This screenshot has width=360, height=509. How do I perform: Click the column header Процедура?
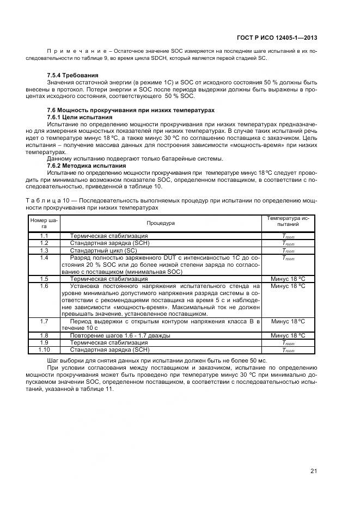(160, 223)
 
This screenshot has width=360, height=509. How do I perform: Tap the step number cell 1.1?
(44, 236)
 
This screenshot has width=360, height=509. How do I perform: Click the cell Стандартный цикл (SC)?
(104, 250)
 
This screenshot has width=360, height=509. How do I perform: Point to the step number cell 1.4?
(44, 257)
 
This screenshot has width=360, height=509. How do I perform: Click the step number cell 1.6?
(44, 286)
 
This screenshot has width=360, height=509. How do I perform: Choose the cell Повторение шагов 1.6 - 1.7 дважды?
(120, 335)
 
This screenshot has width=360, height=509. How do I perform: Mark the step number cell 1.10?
(44, 350)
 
